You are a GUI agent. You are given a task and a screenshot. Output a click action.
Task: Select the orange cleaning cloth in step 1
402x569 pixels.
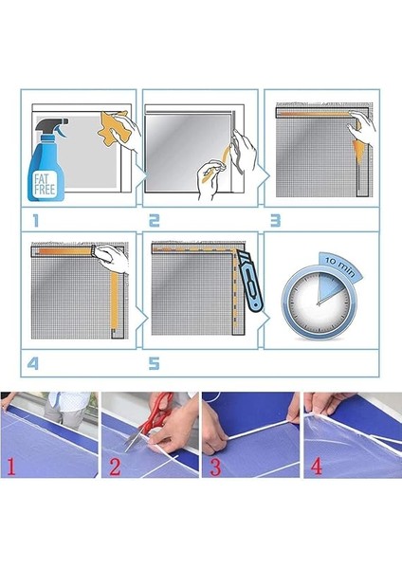coord(117,128)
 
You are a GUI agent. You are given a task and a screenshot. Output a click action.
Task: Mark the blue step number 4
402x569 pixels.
coord(36,361)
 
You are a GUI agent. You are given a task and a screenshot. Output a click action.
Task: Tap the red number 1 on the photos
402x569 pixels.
coord(12,465)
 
